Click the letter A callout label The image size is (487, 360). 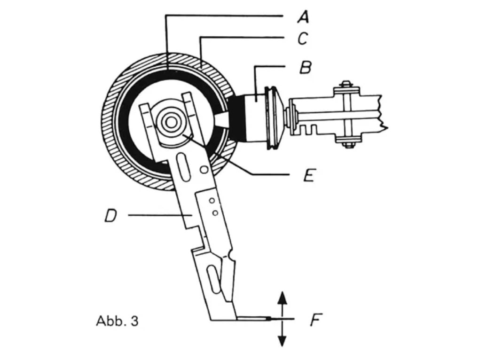coord(303,18)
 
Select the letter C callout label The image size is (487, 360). coord(302,39)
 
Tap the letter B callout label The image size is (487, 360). coord(305,67)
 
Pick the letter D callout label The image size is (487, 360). coord(111,216)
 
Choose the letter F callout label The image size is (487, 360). coord(315,320)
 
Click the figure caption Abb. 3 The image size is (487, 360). coord(117,321)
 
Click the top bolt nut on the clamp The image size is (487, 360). coord(346,84)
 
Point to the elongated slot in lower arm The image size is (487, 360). coord(213,279)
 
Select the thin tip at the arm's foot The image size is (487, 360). coord(254,319)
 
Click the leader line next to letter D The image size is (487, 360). coord(155,216)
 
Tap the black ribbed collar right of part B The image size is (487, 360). coord(272,117)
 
